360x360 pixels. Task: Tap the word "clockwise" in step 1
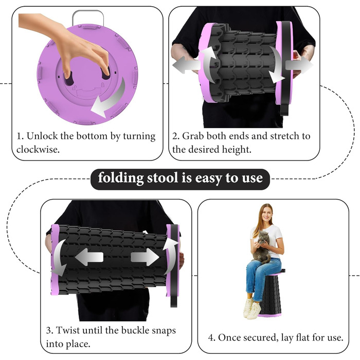click(x=37, y=149)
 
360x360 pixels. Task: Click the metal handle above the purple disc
click(x=88, y=16)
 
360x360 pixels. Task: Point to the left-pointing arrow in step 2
click(x=186, y=65)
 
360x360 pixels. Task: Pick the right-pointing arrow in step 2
click(x=299, y=65)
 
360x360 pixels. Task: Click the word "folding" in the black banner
click(x=121, y=178)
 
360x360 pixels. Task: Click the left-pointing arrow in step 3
click(x=89, y=257)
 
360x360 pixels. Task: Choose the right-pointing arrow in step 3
click(x=145, y=257)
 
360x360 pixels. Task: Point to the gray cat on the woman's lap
click(x=262, y=247)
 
